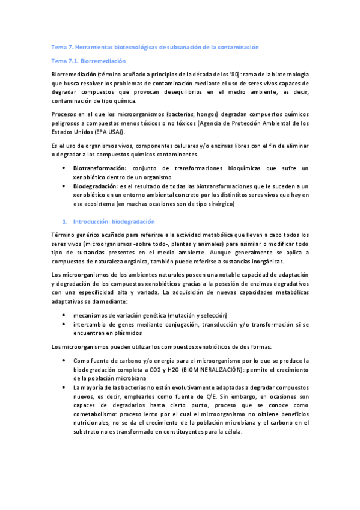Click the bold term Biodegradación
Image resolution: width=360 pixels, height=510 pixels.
pyautogui.click(x=97, y=186)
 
